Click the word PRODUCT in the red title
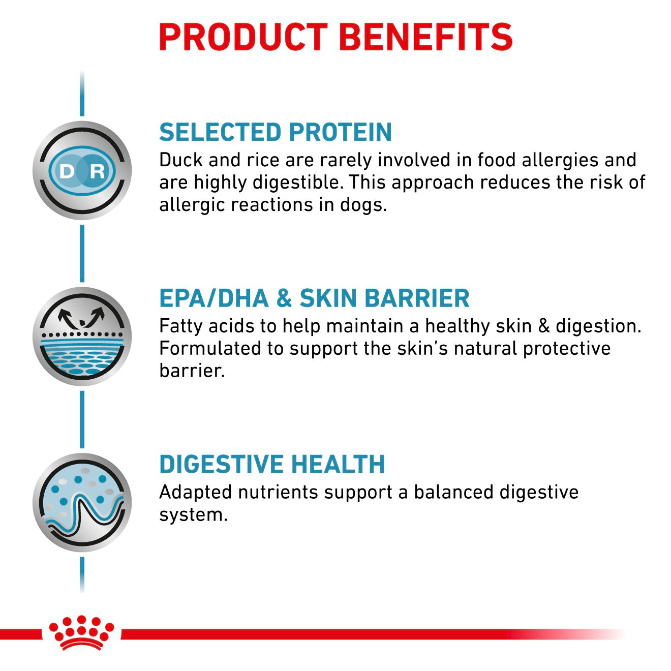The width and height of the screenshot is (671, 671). [243, 37]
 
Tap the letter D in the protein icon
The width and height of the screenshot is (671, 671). [67, 171]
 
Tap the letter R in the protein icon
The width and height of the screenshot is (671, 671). [97, 171]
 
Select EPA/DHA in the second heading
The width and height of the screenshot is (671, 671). [213, 298]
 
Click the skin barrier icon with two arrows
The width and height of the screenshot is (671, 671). [82, 336]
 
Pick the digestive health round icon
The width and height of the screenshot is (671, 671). [82, 502]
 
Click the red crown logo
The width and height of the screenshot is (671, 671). [81, 633]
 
